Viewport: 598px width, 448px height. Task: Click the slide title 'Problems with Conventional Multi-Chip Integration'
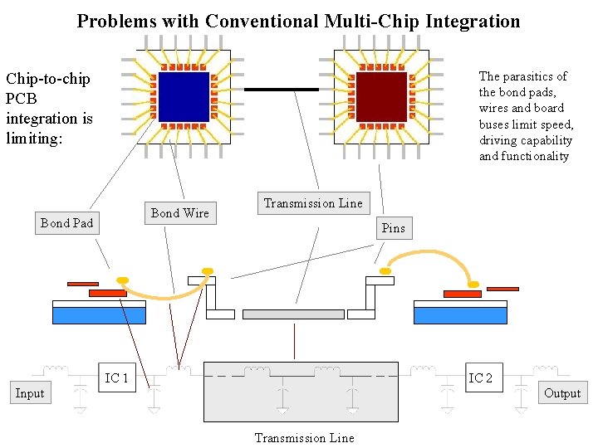[x=298, y=21]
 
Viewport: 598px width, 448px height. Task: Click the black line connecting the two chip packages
[x=282, y=89]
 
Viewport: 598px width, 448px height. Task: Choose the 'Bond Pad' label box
[x=66, y=223]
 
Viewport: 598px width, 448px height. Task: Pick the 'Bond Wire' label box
[x=180, y=213]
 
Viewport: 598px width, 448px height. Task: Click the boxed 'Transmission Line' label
[x=313, y=203]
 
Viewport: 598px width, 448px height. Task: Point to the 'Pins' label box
[x=394, y=228]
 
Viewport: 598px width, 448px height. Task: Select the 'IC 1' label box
[x=117, y=378]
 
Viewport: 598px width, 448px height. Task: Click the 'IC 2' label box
[x=481, y=378]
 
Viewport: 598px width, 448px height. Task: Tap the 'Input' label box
[x=30, y=393]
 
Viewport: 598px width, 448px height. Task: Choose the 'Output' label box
[x=562, y=393]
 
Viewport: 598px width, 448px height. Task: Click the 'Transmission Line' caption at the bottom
[x=304, y=438]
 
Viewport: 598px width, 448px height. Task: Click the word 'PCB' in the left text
[x=22, y=99]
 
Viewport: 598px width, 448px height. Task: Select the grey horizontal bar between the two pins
[x=293, y=314]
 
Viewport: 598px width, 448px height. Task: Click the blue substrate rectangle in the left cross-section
[x=99, y=315]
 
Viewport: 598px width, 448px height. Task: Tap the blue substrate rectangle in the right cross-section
[x=460, y=315]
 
